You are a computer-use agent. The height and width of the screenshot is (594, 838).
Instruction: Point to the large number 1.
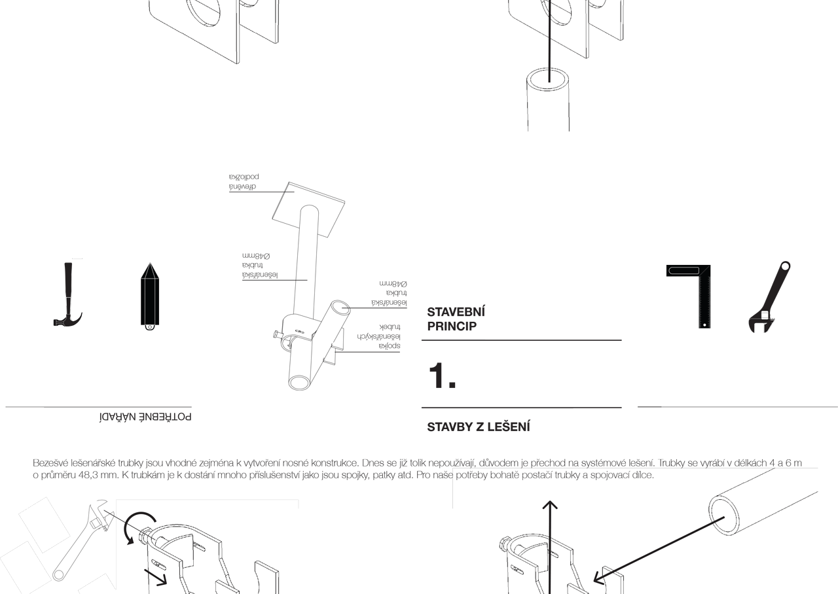click(442, 376)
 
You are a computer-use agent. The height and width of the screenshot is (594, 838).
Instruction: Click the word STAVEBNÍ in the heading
click(456, 312)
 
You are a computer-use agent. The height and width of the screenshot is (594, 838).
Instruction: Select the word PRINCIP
click(452, 326)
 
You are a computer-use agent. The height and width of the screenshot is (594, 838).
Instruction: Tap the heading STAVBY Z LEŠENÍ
click(479, 427)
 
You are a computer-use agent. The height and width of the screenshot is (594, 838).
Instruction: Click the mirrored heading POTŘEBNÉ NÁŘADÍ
click(145, 417)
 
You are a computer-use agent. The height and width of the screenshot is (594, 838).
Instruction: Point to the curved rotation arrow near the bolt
click(136, 525)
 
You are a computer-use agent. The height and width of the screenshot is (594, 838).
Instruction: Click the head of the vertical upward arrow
click(550, 505)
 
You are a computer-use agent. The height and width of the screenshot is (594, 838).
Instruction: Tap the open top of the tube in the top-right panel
click(547, 77)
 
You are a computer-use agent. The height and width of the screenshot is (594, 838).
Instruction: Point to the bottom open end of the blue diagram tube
click(299, 383)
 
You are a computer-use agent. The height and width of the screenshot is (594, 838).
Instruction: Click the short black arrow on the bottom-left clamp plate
click(156, 576)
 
